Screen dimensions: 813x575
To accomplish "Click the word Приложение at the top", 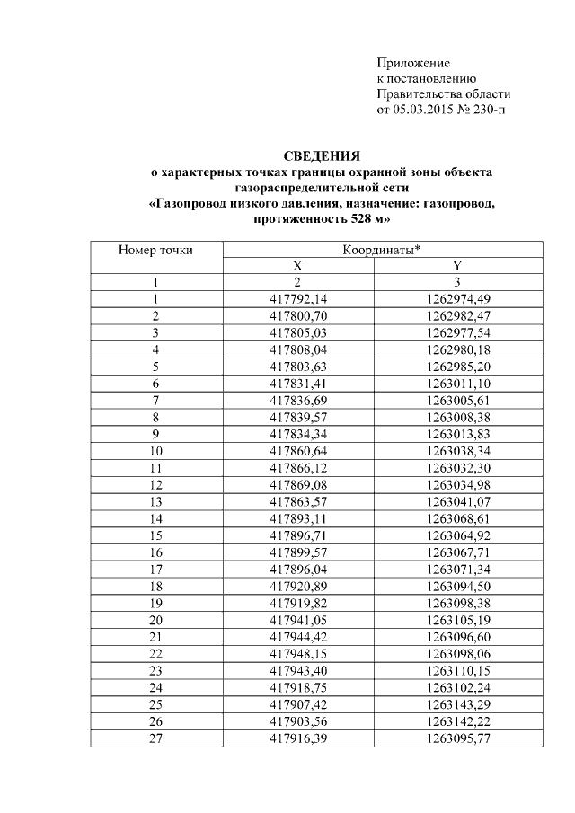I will click(x=412, y=64).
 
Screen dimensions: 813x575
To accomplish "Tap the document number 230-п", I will click(x=491, y=110).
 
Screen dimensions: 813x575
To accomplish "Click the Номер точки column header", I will click(x=155, y=250).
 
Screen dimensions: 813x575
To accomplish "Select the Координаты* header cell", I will click(x=382, y=250).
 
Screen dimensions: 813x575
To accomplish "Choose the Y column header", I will click(x=457, y=266).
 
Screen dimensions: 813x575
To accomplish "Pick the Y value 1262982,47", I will click(x=458, y=315).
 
